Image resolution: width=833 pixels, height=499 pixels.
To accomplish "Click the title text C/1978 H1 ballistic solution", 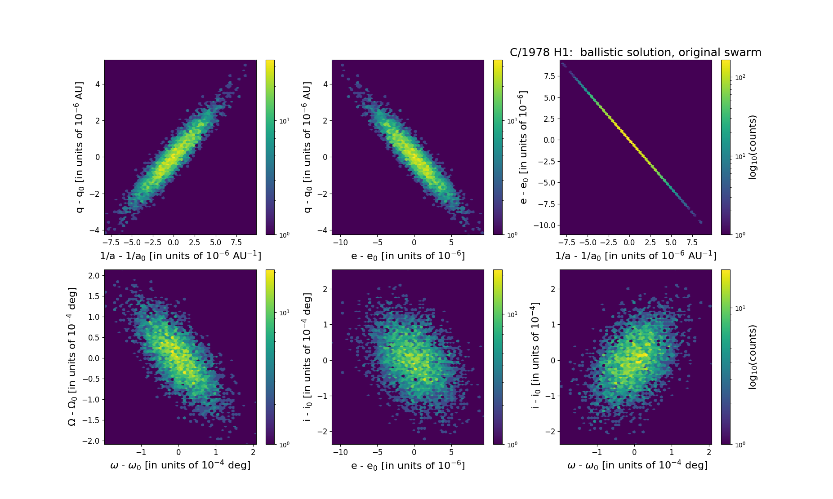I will [635, 53].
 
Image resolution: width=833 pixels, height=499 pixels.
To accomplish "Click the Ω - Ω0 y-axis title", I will [72, 357].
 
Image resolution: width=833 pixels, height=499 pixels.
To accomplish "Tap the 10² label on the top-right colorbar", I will [740, 77].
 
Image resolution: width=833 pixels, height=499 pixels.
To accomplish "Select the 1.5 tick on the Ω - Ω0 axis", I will [94, 296].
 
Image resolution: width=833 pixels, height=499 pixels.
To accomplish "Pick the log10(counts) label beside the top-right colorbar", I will [753, 147].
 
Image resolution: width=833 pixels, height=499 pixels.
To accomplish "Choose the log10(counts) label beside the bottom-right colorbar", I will [753, 357].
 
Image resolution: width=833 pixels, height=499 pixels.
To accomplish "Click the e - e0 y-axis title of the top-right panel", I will [524, 147].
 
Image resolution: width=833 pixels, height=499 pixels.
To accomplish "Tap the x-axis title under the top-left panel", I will [180, 256].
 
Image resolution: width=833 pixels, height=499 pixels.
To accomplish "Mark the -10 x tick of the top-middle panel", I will [340, 243].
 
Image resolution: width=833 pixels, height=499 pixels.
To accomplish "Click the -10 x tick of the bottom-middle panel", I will [340, 452].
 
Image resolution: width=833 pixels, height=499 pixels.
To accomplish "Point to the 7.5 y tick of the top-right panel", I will [549, 76].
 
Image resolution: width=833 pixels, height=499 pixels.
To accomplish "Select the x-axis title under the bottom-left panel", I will [180, 465].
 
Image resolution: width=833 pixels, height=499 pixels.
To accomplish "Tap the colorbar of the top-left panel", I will [270, 147].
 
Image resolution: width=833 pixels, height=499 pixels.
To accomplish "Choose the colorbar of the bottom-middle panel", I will [497, 357].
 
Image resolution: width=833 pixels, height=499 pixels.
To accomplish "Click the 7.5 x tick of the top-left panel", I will [236, 243].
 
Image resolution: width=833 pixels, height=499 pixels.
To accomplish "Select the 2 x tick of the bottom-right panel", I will [709, 452].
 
